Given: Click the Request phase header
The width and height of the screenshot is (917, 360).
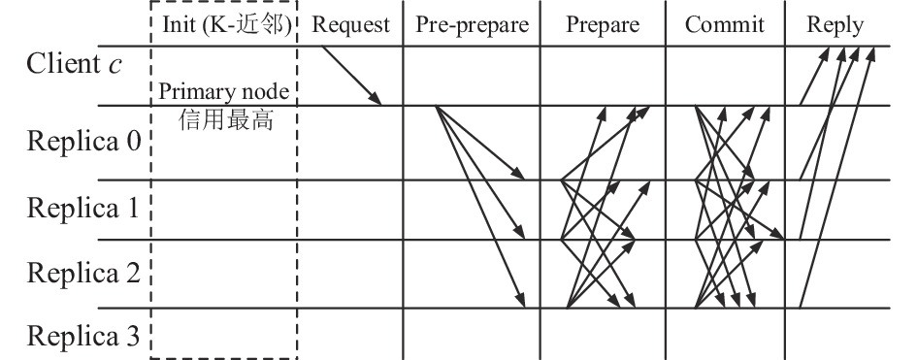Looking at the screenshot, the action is pos(350,25).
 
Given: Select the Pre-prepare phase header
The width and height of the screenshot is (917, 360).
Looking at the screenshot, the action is pos(472,25).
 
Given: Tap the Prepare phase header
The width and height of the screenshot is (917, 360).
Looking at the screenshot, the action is pos(603,25).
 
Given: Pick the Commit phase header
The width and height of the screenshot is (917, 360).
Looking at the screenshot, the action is pos(725,24).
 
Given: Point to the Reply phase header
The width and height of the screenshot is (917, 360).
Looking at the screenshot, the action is pos(835,25).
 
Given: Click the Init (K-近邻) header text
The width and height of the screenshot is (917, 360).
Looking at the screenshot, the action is pos(227,25).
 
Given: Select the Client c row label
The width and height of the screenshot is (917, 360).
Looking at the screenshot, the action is pos(75,63).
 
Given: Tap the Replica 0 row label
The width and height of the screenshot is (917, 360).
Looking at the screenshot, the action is pos(83,141).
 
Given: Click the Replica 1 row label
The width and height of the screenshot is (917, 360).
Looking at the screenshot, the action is pos(82,208).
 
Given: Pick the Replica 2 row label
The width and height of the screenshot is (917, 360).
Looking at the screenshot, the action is pos(83,273).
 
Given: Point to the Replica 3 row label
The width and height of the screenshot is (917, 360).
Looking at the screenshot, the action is pos(83,336).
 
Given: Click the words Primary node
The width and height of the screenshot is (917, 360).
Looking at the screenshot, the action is pos(224,92).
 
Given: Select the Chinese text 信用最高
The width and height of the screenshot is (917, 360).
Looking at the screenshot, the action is pos(226,120).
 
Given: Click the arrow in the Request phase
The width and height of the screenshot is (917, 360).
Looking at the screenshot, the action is pos(351,76).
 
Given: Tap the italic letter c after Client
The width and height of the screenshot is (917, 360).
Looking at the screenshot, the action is pos(115,65).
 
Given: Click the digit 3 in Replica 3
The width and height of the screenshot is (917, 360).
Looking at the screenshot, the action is pos(133,337).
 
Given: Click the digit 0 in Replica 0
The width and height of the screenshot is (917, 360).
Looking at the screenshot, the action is pos(133,142).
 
